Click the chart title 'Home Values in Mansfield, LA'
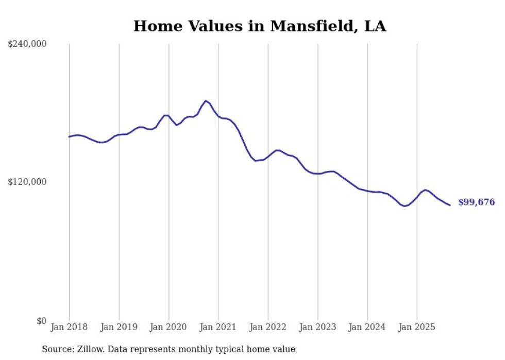pyautogui.click(x=259, y=26)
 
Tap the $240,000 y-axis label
pyautogui.click(x=27, y=44)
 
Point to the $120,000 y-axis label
pyautogui.click(x=27, y=182)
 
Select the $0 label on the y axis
pyautogui.click(x=41, y=321)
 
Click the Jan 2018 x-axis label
pyautogui.click(x=69, y=327)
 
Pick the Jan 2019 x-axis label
pyautogui.click(x=119, y=327)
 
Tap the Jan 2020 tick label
pyautogui.click(x=169, y=327)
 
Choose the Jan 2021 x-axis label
pyautogui.click(x=218, y=327)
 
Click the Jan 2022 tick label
pyautogui.click(x=268, y=327)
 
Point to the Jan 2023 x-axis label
pyautogui.click(x=317, y=327)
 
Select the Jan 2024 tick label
pyautogui.click(x=367, y=327)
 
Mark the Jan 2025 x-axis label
pyautogui.click(x=416, y=327)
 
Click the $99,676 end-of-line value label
pyautogui.click(x=476, y=202)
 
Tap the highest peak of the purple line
pyautogui.click(x=206, y=101)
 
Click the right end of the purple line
pyautogui.click(x=450, y=205)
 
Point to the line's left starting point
pyautogui.click(x=69, y=136)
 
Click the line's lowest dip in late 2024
pyautogui.click(x=405, y=206)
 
